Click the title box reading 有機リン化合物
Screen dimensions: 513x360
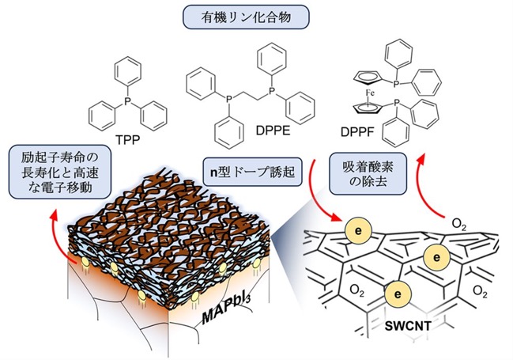click(246, 17)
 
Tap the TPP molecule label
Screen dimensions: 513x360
click(127, 140)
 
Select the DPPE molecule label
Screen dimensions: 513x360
click(273, 131)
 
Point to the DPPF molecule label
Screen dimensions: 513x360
click(357, 132)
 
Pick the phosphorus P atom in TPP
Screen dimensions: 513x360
click(127, 101)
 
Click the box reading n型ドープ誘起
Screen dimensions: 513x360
click(252, 172)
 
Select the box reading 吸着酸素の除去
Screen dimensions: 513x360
click(368, 173)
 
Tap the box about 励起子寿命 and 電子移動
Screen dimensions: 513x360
click(60, 172)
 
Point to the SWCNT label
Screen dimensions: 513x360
click(407, 326)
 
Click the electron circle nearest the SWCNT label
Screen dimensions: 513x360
click(398, 294)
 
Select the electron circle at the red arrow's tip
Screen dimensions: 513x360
click(358, 231)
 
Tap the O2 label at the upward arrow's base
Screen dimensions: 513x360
click(458, 225)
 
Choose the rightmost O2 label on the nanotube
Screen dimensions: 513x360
click(480, 291)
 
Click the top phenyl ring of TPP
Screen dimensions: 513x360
click(127, 71)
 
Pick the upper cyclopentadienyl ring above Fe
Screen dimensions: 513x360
click(368, 78)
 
